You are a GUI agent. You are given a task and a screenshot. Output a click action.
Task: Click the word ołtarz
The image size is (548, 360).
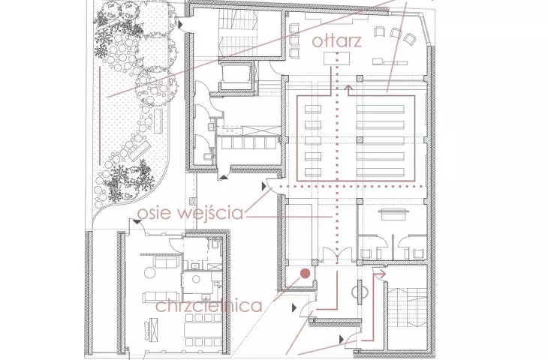(x=336, y=40)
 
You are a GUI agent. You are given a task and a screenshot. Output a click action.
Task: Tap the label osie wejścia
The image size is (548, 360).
(x=190, y=212)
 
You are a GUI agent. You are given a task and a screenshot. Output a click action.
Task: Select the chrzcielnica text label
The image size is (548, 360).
(x=209, y=305)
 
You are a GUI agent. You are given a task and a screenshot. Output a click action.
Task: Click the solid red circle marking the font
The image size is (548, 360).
(x=306, y=274)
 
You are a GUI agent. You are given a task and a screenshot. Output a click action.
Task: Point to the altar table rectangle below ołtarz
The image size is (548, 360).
(x=336, y=58)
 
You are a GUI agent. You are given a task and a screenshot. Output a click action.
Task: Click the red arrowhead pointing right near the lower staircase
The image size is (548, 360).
(x=381, y=274)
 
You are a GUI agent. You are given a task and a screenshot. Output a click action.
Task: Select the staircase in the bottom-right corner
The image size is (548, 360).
(x=407, y=307)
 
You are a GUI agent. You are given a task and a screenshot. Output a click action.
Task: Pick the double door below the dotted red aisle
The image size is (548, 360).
(x=337, y=253)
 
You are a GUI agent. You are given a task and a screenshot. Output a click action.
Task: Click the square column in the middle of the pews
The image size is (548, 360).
(x=360, y=140)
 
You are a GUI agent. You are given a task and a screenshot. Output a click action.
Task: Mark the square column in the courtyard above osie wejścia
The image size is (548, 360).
(x=192, y=202)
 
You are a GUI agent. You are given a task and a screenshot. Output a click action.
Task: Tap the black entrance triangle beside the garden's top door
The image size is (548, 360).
(x=180, y=24)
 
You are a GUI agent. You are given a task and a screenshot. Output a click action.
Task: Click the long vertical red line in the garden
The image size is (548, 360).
(x=100, y=115)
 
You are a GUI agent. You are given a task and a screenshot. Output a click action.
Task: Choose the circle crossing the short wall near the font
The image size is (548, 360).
(x=360, y=292)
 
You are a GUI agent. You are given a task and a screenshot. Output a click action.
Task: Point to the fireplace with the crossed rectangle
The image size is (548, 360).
(x=152, y=328)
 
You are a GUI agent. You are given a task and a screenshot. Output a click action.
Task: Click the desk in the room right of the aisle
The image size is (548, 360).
(x=396, y=214)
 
